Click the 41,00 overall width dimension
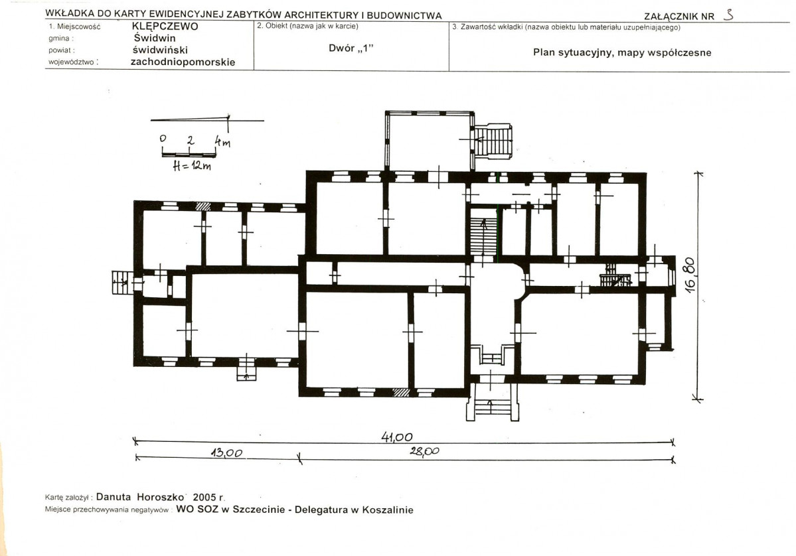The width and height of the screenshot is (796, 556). (397, 437)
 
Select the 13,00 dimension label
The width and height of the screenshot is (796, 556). (226, 452)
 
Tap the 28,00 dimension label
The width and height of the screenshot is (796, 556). (424, 451)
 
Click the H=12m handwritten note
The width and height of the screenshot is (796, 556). (192, 166)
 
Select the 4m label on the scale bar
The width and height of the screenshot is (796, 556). (222, 141)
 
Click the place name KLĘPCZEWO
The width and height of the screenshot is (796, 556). (165, 27)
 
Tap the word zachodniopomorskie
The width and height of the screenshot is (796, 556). (183, 62)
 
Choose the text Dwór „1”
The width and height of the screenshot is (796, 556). (351, 48)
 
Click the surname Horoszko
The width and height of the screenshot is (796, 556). (161, 497)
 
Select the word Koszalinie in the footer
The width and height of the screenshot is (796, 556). (388, 510)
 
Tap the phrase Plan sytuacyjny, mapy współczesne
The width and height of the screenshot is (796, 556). (622, 52)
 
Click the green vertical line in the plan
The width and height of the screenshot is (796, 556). (499, 234)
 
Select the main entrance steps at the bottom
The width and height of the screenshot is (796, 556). (493, 403)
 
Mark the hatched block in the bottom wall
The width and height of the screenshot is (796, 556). (401, 392)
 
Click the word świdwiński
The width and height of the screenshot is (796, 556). (160, 50)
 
